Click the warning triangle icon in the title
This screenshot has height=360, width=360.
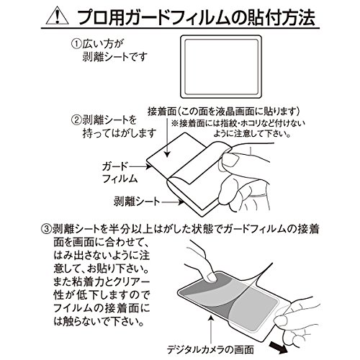point(58,17)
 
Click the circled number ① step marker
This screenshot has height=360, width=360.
point(76,44)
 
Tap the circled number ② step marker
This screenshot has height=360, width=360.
point(76,120)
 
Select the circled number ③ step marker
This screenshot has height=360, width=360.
point(46,229)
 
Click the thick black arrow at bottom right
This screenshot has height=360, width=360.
point(278,345)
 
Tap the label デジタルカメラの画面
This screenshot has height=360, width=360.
point(210,350)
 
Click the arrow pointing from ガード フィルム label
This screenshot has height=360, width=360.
point(140,166)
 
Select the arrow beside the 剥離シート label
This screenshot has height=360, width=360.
point(172,202)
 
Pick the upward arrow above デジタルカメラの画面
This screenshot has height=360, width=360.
point(210,330)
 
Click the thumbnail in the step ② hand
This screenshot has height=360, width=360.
point(230,160)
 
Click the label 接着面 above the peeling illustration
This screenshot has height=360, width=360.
point(162,112)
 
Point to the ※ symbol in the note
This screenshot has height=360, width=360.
point(174,124)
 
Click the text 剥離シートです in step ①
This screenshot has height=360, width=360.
point(114,57)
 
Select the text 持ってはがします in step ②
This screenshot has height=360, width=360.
point(120,133)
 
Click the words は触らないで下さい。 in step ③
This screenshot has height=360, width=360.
point(99,322)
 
